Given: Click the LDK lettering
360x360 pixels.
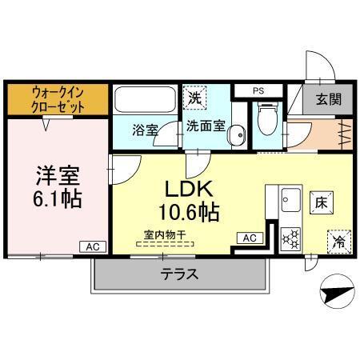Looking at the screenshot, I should click(x=188, y=189).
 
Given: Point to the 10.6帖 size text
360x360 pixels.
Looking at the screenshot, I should click(x=189, y=213).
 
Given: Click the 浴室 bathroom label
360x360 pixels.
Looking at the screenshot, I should click(x=144, y=129).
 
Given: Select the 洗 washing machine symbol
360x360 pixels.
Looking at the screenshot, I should click(x=195, y=99).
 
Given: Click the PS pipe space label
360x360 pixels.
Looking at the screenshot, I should click(x=258, y=91).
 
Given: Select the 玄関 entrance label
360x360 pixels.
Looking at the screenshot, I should click(x=328, y=99).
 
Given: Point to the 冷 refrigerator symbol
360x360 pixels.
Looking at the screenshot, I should click(x=337, y=240).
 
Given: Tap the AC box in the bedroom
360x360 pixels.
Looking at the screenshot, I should click(x=93, y=246).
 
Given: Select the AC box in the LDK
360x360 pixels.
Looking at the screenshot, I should click(x=249, y=238).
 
